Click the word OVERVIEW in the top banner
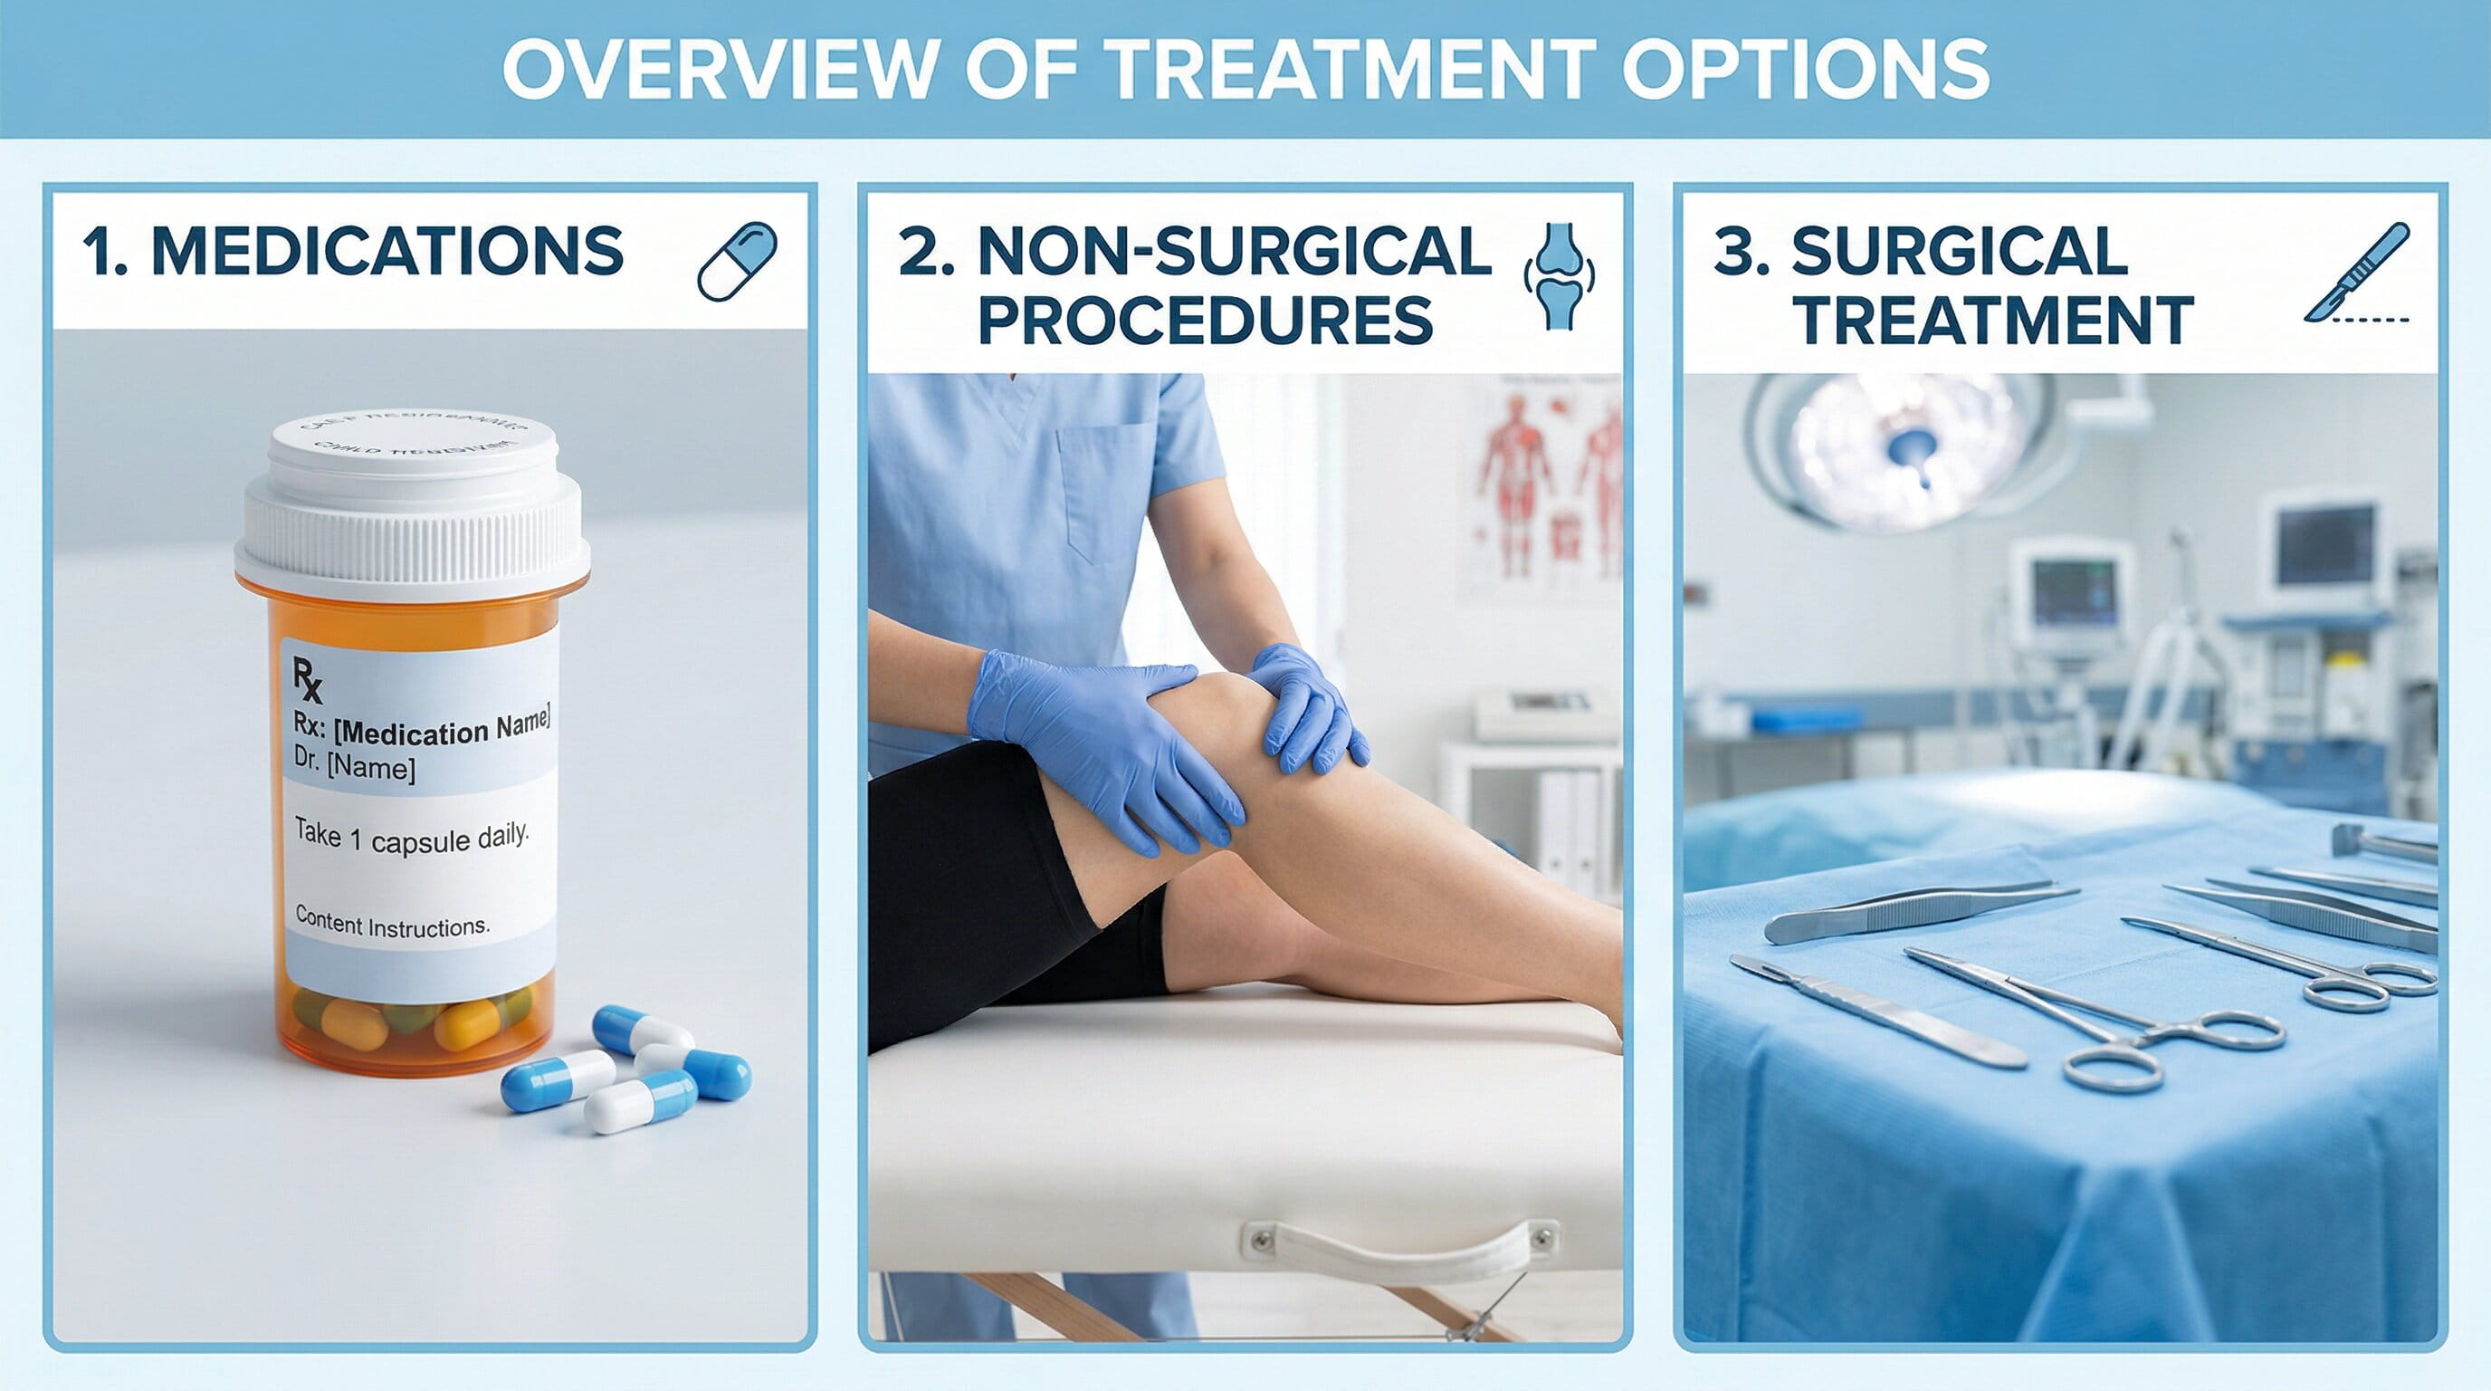coord(721,69)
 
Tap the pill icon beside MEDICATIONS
coord(737,261)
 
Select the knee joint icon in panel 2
coord(1559,275)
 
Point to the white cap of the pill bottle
coord(413,503)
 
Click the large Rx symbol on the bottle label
coord(308,679)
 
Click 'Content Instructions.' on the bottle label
coord(392,923)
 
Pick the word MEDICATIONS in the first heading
coord(387,252)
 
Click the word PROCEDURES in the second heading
coord(1205,321)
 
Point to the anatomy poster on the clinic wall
coord(1547,484)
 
